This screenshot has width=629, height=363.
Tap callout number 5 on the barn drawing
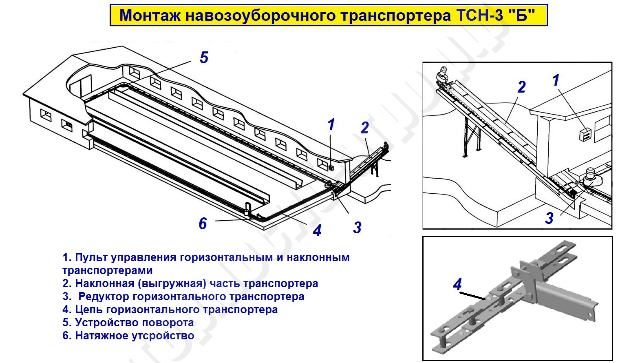(204, 58)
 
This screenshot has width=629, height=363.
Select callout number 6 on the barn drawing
(203, 224)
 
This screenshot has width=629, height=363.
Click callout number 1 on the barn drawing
(331, 125)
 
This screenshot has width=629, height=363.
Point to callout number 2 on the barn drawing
(364, 128)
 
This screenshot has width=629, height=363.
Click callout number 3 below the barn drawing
(357, 228)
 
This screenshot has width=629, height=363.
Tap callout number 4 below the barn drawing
(317, 230)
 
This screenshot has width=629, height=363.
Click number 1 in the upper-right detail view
(555, 80)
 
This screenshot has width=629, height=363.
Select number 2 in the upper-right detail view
(521, 87)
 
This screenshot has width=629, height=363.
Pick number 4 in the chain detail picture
(457, 284)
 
